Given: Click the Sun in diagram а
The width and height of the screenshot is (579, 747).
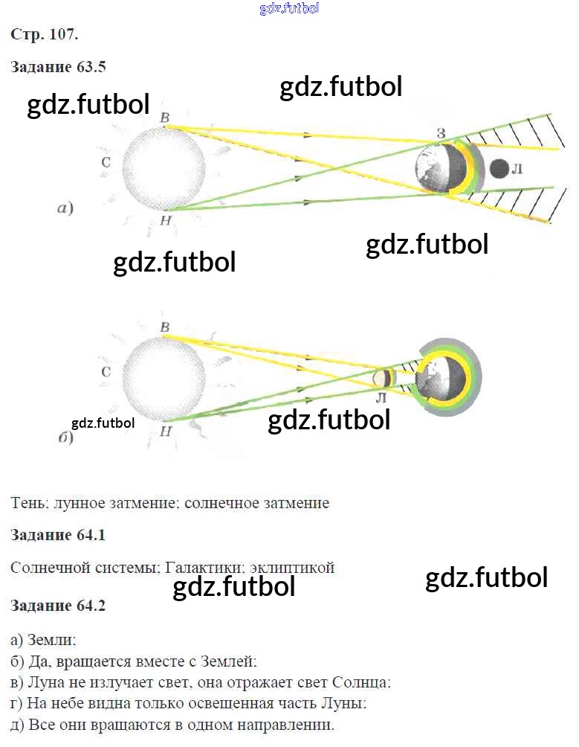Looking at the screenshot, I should tap(163, 167).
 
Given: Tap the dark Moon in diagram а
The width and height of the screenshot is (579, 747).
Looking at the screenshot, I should tap(499, 170).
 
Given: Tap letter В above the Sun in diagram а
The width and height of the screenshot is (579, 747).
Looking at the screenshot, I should tap(165, 117).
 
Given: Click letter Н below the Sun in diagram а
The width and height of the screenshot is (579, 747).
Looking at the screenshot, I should tap(165, 221).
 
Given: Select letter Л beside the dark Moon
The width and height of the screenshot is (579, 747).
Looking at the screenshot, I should tap(518, 170).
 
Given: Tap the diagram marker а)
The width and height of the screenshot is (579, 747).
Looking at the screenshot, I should tap(65, 209).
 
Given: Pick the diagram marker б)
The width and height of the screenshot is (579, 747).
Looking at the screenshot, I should tap(65, 437).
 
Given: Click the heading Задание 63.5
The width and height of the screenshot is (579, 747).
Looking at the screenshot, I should tap(59, 67).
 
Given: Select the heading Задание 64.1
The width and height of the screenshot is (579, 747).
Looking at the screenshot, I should tap(59, 535).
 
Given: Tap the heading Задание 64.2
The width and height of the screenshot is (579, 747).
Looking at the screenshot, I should tap(59, 606).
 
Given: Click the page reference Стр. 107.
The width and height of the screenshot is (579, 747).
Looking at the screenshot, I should tap(45, 34).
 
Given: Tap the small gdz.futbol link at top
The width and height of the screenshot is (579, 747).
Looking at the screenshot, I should tap(290, 8).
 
